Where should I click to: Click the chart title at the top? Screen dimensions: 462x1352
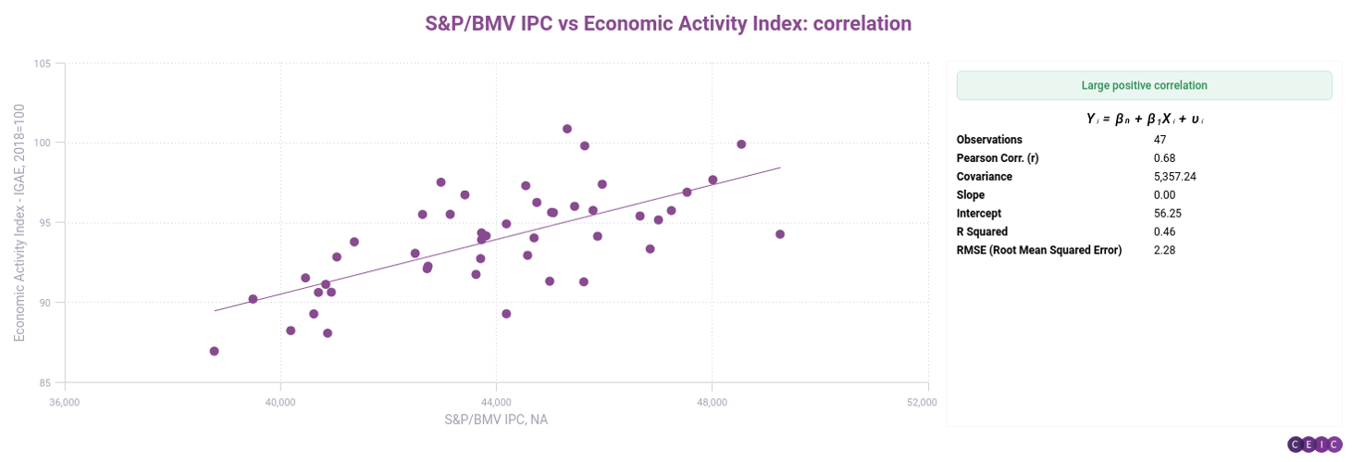coord(668,24)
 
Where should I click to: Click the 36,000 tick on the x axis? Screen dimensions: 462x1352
coord(64,402)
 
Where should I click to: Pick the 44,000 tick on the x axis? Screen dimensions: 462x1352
coord(496,402)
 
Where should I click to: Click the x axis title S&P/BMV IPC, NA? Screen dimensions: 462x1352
coord(496,419)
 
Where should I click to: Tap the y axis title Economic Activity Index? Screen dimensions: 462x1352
coord(19,223)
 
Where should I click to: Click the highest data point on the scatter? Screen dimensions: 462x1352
coord(567,129)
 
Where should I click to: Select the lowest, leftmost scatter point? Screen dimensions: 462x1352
coord(215,351)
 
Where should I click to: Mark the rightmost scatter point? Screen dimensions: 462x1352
coord(780,234)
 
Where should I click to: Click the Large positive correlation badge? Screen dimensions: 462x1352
coord(1144,85)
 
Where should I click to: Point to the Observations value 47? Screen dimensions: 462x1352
coord(1160,140)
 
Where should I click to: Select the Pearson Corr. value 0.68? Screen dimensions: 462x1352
coord(1164,158)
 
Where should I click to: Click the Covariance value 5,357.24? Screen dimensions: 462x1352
coord(1175,177)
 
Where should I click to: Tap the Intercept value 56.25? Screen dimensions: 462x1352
coord(1167,213)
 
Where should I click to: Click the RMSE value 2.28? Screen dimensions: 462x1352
coord(1164,250)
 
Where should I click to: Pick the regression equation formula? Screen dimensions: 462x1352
coord(1144,119)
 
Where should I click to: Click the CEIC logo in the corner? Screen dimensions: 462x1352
coord(1314,444)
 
